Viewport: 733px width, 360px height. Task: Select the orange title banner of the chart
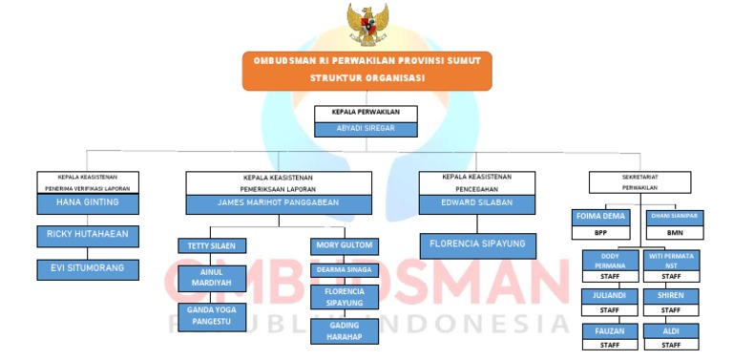coord(366,71)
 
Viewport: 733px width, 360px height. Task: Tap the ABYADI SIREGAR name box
coord(366,129)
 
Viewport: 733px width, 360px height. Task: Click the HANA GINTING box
coord(88,203)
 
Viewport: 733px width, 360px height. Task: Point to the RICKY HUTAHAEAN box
coord(88,235)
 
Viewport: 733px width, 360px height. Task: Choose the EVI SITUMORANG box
coord(88,269)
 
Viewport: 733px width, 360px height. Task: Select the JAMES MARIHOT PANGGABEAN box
coord(278,203)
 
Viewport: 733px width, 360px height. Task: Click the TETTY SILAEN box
coord(213,245)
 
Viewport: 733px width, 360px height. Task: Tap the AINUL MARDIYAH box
coord(213,278)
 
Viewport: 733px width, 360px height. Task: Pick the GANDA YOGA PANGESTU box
coord(213,316)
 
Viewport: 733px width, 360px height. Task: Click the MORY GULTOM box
coord(344,245)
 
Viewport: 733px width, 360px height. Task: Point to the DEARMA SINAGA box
coord(344,270)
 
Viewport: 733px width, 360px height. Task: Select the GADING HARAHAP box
coord(344,330)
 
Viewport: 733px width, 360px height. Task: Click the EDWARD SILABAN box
coord(476,203)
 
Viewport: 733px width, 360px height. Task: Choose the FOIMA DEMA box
coord(600,217)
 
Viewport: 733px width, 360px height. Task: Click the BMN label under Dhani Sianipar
coord(674,232)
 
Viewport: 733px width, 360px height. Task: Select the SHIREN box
coord(670,296)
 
